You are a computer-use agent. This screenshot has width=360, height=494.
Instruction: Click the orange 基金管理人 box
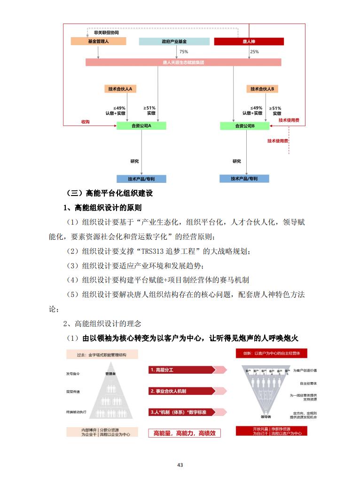tap(98, 41)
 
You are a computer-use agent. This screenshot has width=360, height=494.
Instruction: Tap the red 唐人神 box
tap(249, 41)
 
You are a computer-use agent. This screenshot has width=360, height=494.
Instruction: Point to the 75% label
tap(184, 52)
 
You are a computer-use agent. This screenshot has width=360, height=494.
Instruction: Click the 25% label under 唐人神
tap(254, 52)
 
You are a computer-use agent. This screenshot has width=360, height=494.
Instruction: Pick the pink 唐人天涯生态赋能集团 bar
tap(183, 62)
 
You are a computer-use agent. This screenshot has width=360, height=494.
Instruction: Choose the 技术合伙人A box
tap(119, 88)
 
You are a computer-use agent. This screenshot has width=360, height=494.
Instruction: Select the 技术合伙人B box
tap(262, 88)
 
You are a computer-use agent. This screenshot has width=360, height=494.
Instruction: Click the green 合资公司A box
tap(141, 126)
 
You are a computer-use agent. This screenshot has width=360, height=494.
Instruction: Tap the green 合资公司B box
tap(245, 126)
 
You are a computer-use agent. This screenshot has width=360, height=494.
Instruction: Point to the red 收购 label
tap(85, 121)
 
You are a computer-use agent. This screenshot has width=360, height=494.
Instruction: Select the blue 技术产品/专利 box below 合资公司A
tap(141, 179)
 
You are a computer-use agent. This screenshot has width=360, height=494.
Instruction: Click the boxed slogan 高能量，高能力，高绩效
tap(184, 433)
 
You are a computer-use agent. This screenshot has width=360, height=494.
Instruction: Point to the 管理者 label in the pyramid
tap(111, 374)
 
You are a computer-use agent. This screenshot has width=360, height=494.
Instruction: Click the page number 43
tap(180, 465)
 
